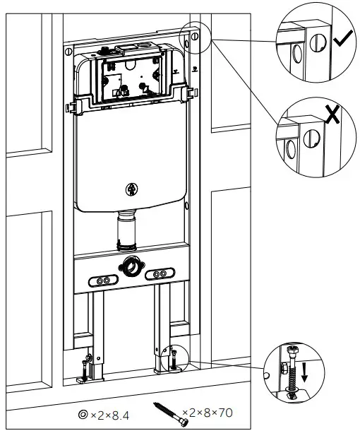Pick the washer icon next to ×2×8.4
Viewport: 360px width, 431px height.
tap(83, 413)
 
